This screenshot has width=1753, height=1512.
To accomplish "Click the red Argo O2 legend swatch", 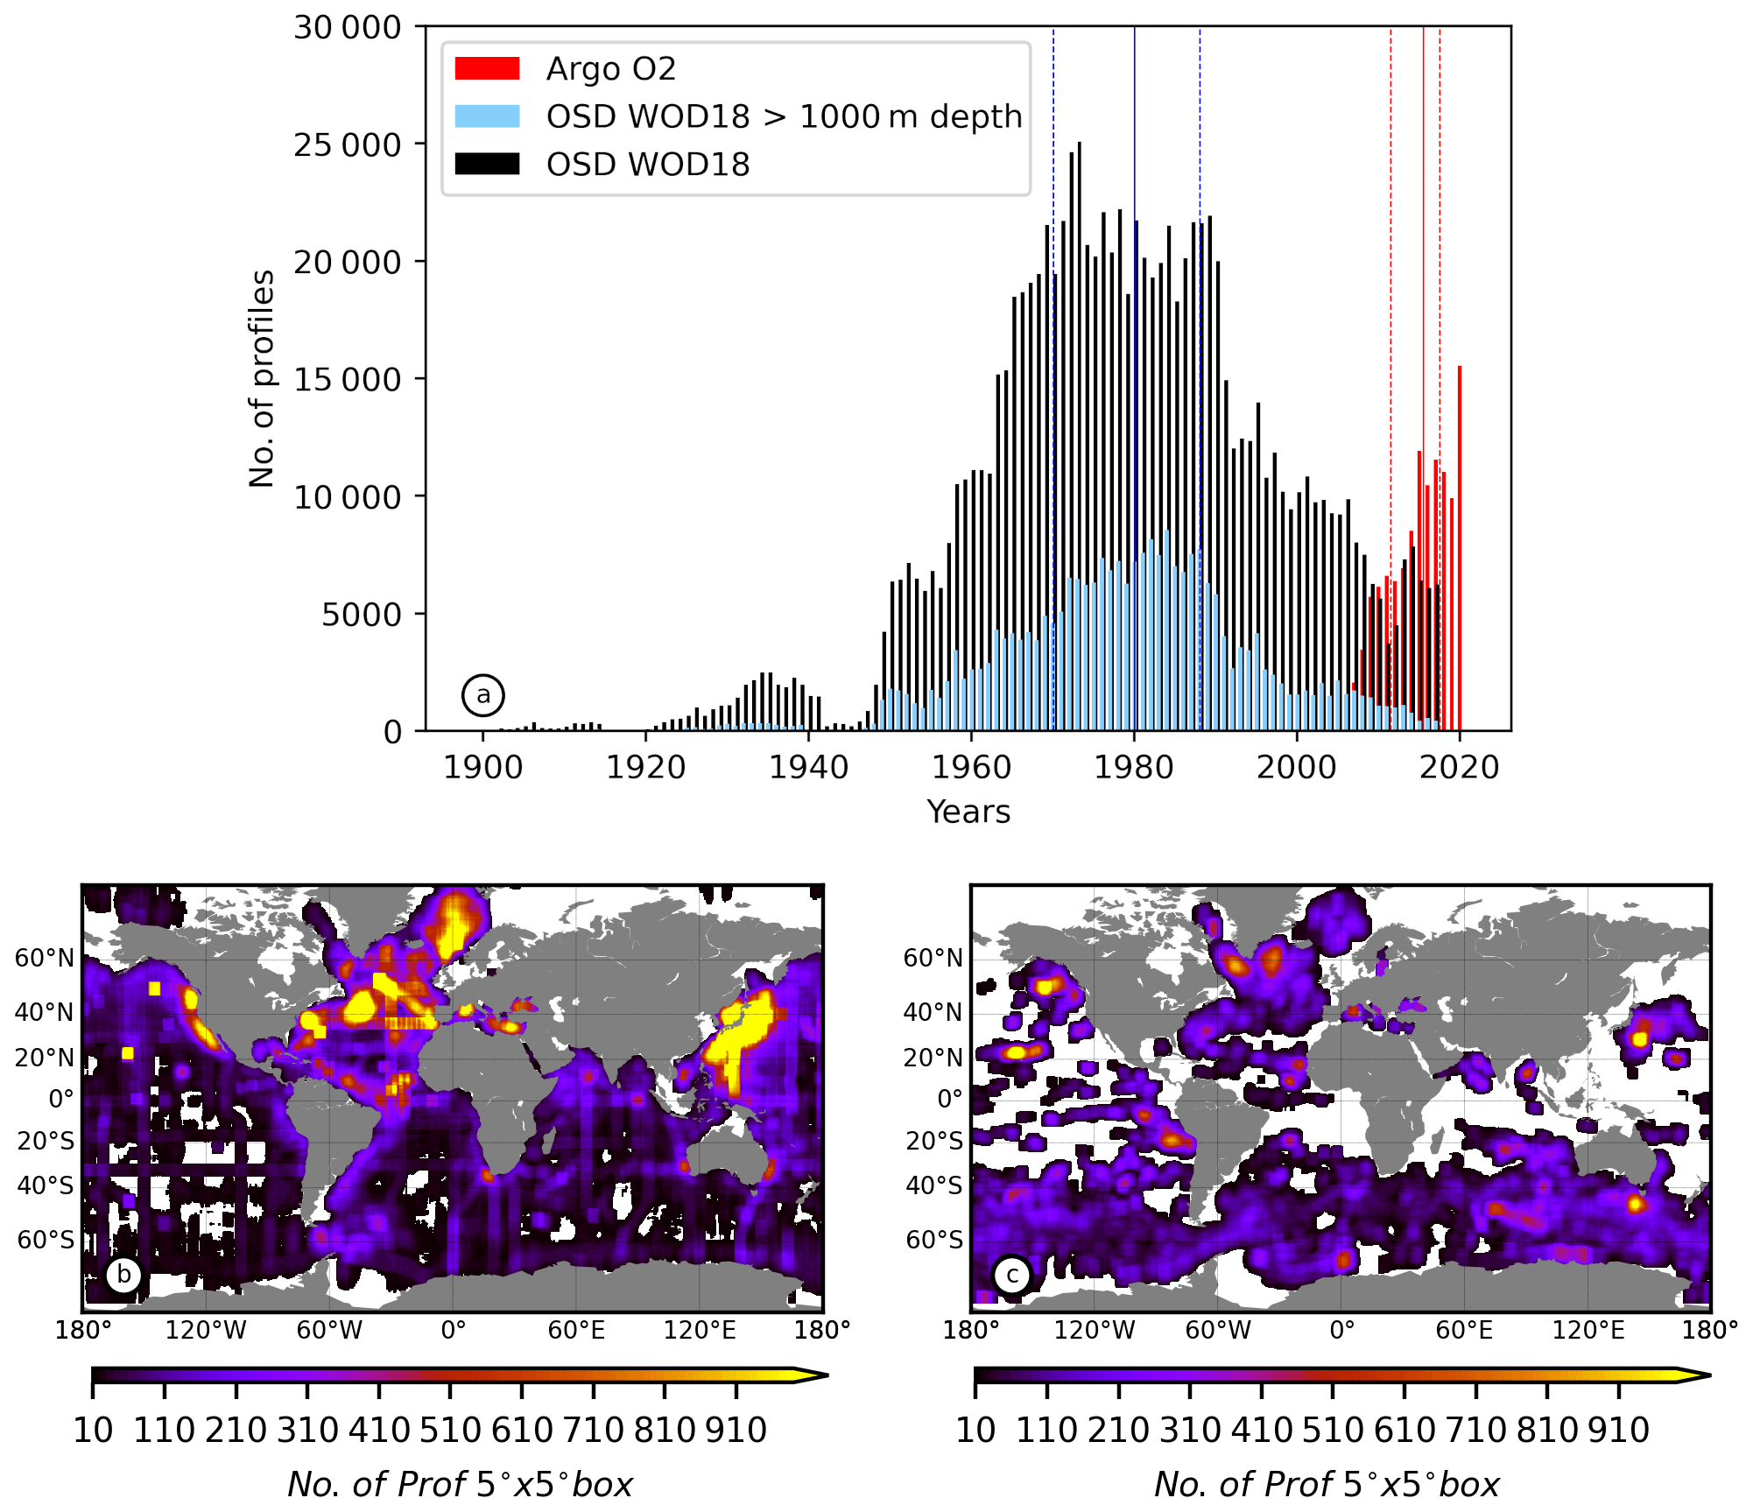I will click(x=487, y=68).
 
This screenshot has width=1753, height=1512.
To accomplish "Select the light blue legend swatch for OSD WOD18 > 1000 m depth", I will click(x=487, y=116).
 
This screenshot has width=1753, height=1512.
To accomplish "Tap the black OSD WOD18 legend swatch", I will click(x=487, y=164).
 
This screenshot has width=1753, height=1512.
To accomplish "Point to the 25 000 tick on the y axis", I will click(x=347, y=144).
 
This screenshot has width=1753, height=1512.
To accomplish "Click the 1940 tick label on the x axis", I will click(x=808, y=768).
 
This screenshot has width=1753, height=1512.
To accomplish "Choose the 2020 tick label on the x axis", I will click(x=1459, y=768).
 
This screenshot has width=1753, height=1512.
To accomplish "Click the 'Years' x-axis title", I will click(x=968, y=812).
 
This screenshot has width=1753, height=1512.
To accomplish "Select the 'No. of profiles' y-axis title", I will click(x=262, y=378).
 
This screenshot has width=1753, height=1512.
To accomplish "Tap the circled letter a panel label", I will click(x=483, y=695).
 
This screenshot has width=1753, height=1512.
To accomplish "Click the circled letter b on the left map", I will click(x=123, y=1275).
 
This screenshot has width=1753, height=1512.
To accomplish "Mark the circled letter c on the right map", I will click(x=1012, y=1275).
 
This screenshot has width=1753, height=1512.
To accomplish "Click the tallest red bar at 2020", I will click(x=1460, y=547).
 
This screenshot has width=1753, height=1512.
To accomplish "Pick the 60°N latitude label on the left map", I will click(x=45, y=958).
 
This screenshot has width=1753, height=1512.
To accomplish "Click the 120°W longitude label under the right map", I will click(x=1094, y=1331).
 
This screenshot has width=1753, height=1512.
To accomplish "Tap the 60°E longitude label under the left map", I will click(x=576, y=1331).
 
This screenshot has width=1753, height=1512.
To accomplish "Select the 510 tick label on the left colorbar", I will click(x=450, y=1431).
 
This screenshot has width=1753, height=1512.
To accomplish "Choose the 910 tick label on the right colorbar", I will click(x=1618, y=1431).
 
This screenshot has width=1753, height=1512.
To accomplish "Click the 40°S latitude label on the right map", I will click(x=933, y=1185).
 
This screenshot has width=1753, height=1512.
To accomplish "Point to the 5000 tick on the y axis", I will click(x=361, y=615).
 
